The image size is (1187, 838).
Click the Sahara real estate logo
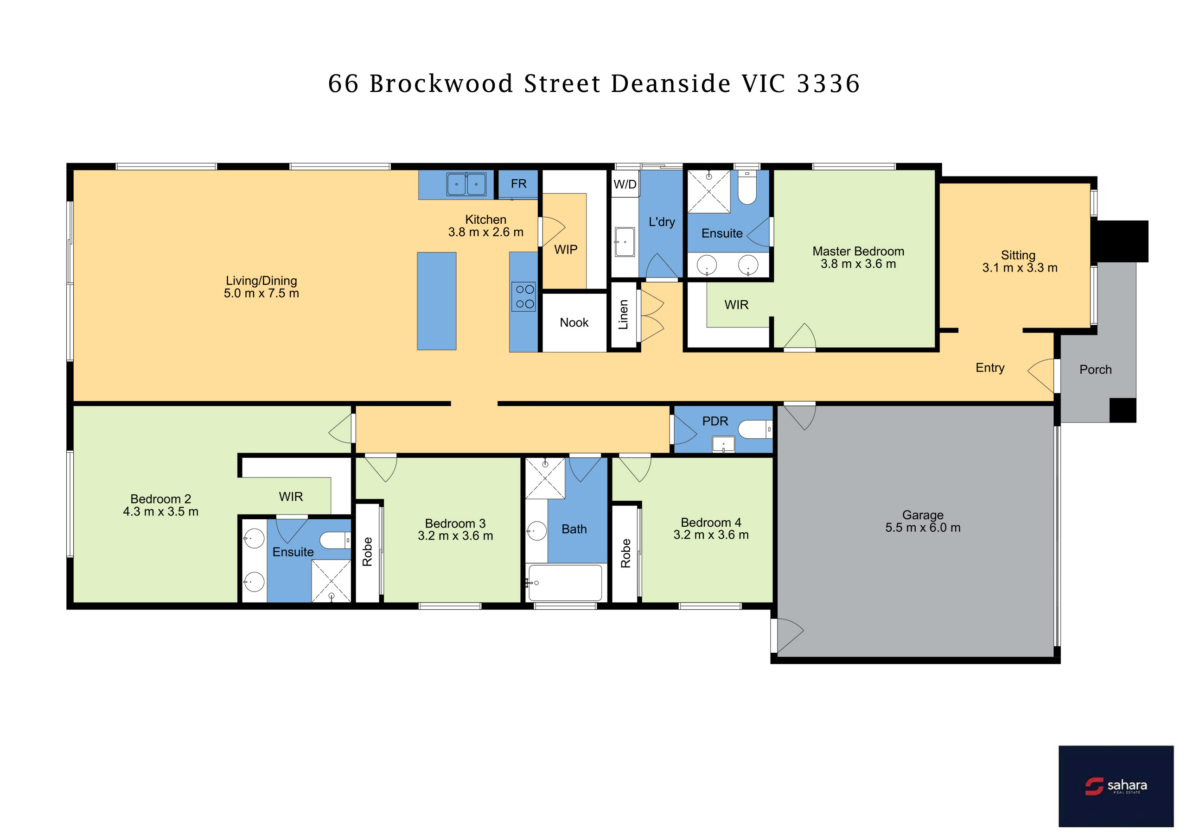tap(1116, 786)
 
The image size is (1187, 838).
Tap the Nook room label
tap(574, 322)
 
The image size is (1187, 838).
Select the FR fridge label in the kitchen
tap(518, 183)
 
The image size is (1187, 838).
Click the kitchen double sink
tap(466, 184)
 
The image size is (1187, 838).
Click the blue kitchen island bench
tap(436, 301)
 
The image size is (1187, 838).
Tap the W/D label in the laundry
tap(625, 184)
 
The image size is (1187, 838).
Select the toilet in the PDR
tap(755, 429)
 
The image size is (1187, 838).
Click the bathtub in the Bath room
tap(565, 582)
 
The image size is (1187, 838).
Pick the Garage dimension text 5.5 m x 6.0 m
tap(922, 528)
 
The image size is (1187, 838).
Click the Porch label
tap(1095, 369)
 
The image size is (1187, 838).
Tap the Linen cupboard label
tap(624, 314)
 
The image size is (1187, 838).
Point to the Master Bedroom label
tap(858, 251)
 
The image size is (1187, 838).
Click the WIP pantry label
tap(566, 250)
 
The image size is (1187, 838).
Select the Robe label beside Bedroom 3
tap(367, 552)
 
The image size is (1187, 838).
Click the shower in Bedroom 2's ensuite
tap(331, 581)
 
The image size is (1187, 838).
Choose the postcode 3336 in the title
tap(828, 84)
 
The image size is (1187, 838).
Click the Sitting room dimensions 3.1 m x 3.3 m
tap(1020, 268)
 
